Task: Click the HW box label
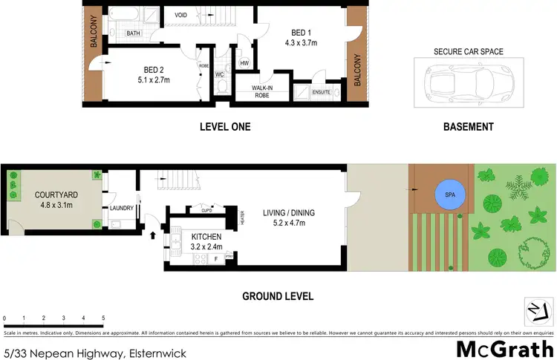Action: point(244,63)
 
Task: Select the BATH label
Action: point(134,33)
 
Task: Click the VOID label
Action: point(180,15)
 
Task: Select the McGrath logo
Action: point(504,348)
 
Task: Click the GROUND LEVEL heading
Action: point(278,296)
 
